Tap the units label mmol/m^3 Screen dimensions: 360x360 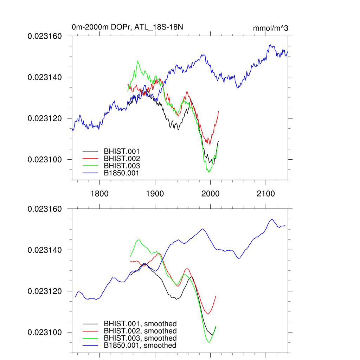tap(270, 28)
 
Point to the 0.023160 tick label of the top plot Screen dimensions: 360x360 tap(45, 36)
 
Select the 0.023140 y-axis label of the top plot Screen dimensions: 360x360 tap(45, 77)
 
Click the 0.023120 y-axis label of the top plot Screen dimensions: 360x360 tap(45, 118)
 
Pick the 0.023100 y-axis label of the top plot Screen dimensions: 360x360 tap(45, 159)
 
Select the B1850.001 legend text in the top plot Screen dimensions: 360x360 tap(122, 173)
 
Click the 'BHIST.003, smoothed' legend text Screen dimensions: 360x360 tap(140, 338)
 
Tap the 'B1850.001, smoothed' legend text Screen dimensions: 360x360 tap(140, 346)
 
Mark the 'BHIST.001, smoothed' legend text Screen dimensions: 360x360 tap(140, 324)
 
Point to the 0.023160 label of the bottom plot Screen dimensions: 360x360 tap(45, 209)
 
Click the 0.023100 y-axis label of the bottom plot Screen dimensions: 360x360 tap(45, 332)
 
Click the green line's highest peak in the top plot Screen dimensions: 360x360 tap(137, 61)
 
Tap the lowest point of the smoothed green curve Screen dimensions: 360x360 tap(209, 342)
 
